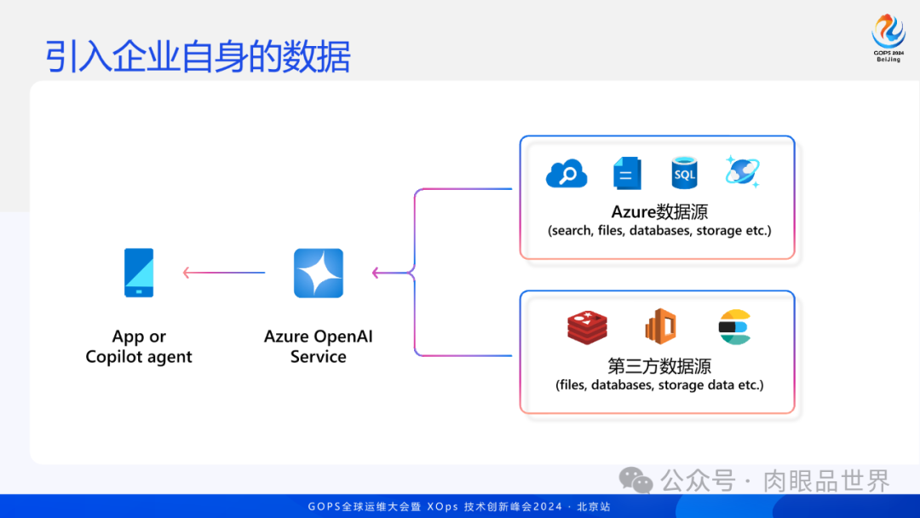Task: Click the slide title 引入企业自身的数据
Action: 198,56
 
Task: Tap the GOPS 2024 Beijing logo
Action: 888,39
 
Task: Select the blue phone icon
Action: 139,273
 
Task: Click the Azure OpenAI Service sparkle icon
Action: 319,273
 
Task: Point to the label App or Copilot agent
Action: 139,347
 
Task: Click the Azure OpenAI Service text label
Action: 319,347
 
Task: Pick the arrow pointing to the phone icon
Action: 223,273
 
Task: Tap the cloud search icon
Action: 566,174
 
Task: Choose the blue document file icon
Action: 627,173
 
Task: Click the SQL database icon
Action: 684,173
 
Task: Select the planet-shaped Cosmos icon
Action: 742,172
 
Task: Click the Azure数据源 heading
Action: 659,210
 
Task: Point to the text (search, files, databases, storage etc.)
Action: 659,230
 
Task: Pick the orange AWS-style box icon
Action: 660,326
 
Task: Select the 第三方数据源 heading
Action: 659,365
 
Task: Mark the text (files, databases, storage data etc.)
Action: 659,385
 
